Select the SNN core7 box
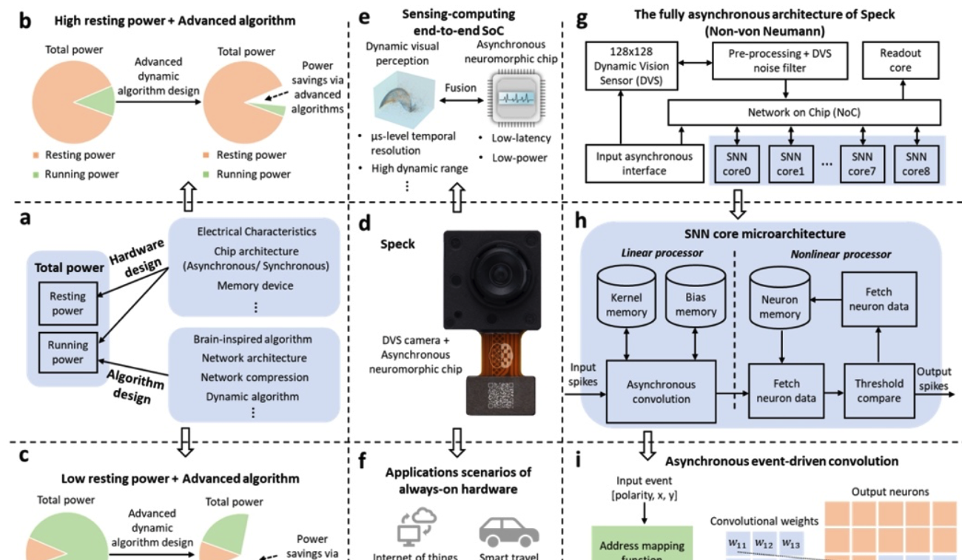(x=862, y=164)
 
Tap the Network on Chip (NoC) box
(x=803, y=112)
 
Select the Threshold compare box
(x=879, y=391)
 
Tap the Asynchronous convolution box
(x=661, y=391)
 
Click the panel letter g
(x=582, y=18)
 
